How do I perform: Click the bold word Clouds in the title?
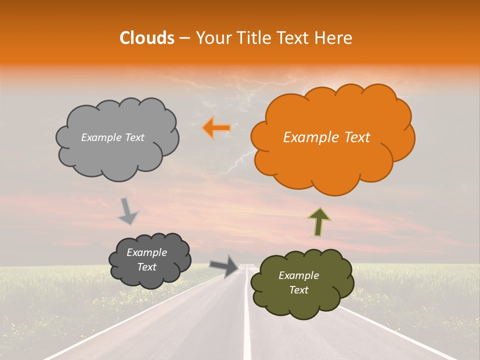147,38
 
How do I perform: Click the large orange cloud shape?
330,165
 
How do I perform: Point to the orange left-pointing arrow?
216,128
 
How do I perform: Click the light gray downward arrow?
127,211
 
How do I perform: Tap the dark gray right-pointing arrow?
224,265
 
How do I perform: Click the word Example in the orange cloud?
311,137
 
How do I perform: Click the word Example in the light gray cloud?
101,137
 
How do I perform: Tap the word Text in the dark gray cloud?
146,267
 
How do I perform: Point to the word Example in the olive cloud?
298,275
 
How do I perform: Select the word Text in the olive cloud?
298,290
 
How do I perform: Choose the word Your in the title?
210,38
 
